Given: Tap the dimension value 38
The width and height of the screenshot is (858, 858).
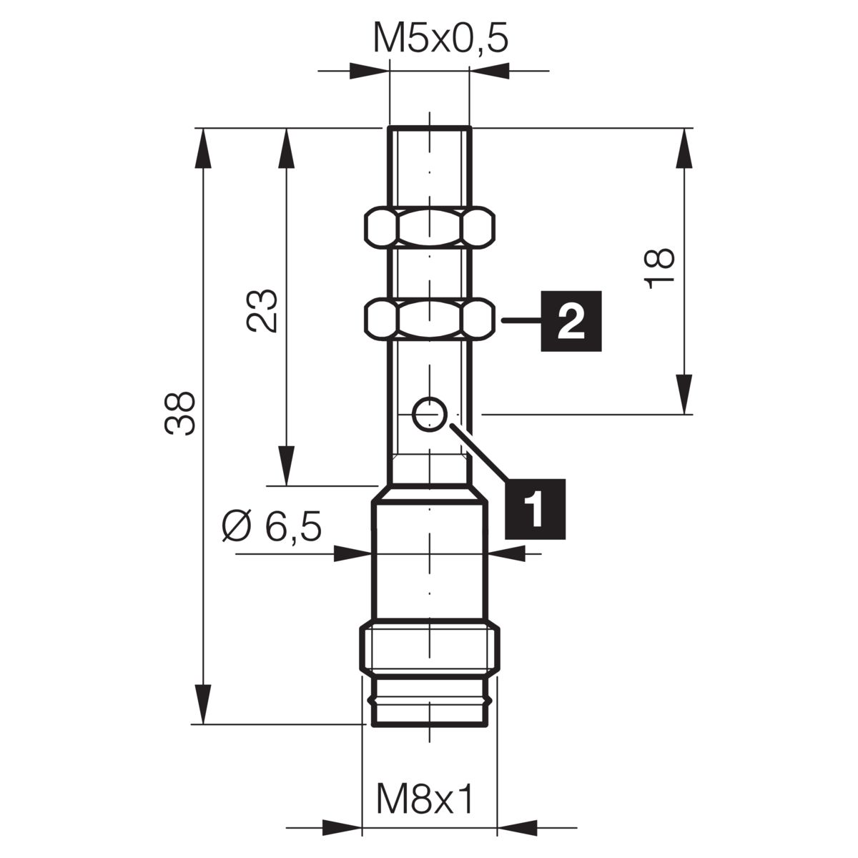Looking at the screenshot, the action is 180,413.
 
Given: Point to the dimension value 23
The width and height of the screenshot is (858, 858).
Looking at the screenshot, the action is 262,311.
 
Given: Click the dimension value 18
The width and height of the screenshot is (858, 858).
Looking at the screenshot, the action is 659,269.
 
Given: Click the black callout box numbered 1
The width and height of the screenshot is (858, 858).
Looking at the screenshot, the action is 535,509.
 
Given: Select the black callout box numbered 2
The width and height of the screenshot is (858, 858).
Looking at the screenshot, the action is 571,321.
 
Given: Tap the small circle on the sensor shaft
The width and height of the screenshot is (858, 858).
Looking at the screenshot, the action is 430,414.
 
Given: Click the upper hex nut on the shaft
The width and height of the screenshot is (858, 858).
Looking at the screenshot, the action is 430,226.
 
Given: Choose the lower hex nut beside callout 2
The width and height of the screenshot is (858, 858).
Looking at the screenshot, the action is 430,320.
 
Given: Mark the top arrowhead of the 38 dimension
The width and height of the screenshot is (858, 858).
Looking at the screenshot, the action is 202,148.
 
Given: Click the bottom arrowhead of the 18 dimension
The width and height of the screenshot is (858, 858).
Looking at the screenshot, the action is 684,395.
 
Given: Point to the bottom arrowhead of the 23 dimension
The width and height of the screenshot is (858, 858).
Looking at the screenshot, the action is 286,465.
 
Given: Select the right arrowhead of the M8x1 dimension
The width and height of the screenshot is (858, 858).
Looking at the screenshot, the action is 517,828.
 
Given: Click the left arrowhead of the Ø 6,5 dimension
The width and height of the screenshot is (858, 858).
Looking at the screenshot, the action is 352,554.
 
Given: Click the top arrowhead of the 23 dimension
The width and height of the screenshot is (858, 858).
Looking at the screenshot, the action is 286,148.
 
